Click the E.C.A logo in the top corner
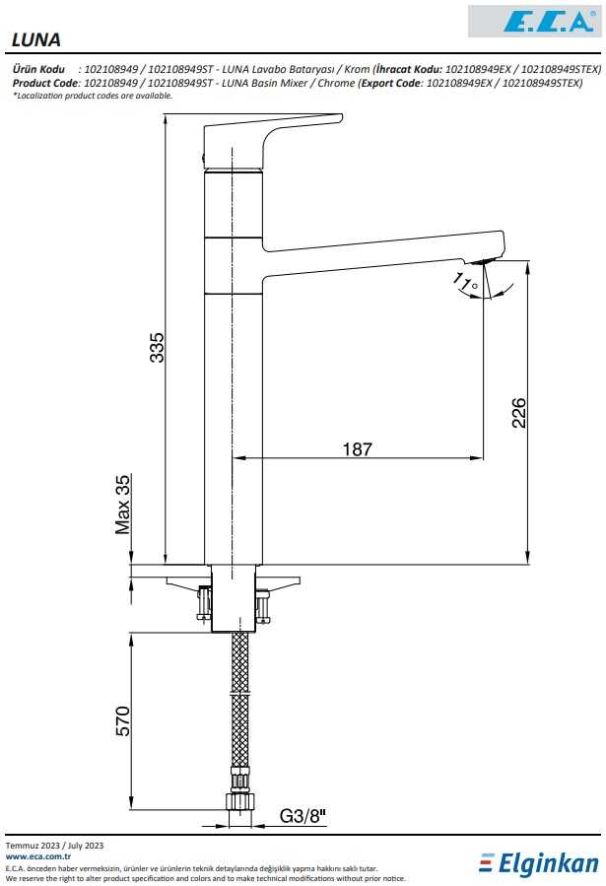point(534,21)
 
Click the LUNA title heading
point(35,39)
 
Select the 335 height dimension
point(156,347)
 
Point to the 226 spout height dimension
point(518,413)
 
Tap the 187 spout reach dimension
point(358,449)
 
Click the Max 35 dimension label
point(122,505)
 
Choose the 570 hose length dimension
point(122,721)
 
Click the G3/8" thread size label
point(303,816)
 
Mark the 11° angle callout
point(465,282)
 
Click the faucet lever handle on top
point(272,140)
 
